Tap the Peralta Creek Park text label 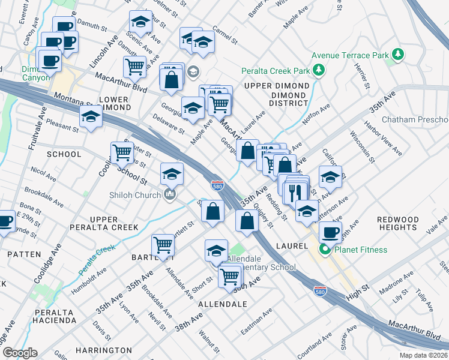coord(276,71)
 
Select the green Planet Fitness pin coord(326,250)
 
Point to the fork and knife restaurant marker coord(294,192)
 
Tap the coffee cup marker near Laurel coord(329,232)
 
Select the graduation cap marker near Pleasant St coord(91,116)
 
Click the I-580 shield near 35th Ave coord(217,185)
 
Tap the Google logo coord(20,353)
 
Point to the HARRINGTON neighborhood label coord(104,350)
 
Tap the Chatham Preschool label coord(415,119)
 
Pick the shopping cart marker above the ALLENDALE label coord(229,276)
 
